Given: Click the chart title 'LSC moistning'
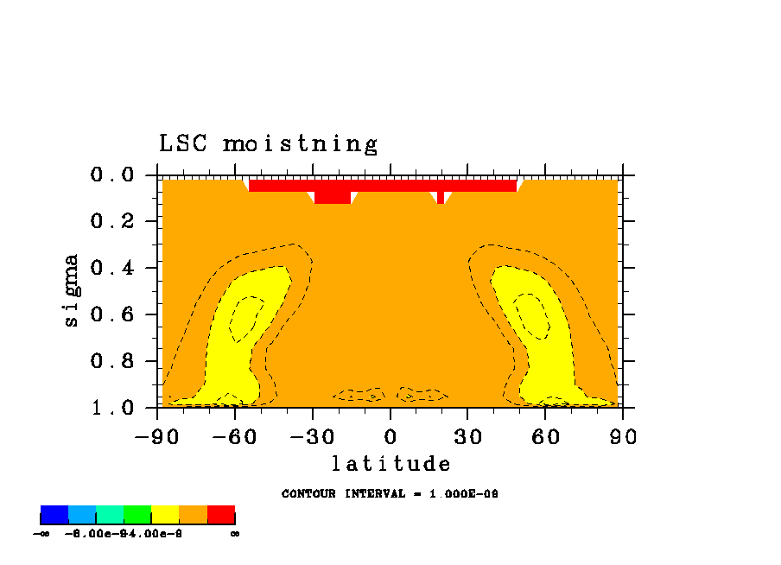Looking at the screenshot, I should pyautogui.click(x=268, y=144).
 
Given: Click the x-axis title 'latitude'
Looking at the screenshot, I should pyautogui.click(x=391, y=464).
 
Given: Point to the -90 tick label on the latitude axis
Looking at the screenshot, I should pyautogui.click(x=156, y=436).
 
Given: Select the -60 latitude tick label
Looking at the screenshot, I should pyautogui.click(x=233, y=436).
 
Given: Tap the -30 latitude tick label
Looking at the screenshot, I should pyautogui.click(x=311, y=436).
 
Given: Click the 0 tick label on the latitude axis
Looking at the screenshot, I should pyautogui.click(x=390, y=436).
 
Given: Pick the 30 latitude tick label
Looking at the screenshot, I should pyautogui.click(x=467, y=436).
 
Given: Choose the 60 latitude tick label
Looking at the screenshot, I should pyautogui.click(x=545, y=436).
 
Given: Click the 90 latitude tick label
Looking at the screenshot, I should pyautogui.click(x=622, y=436).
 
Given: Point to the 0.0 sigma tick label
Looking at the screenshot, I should pyautogui.click(x=111, y=175).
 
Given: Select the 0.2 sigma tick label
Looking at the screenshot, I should pyautogui.click(x=111, y=222).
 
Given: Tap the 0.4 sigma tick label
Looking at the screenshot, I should pyautogui.click(x=111, y=268).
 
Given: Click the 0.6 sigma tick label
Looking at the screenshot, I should pyautogui.click(x=111, y=314).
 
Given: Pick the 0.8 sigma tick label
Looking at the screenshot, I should pyautogui.click(x=111, y=361).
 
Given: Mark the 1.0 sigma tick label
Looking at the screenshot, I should pyautogui.click(x=111, y=407).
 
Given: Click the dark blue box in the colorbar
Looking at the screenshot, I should pyautogui.click(x=54, y=515).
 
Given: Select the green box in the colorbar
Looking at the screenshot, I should pyautogui.click(x=137, y=515).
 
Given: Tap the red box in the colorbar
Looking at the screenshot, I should pyautogui.click(x=221, y=515).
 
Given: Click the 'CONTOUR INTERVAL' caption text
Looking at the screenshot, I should pyautogui.click(x=390, y=494).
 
